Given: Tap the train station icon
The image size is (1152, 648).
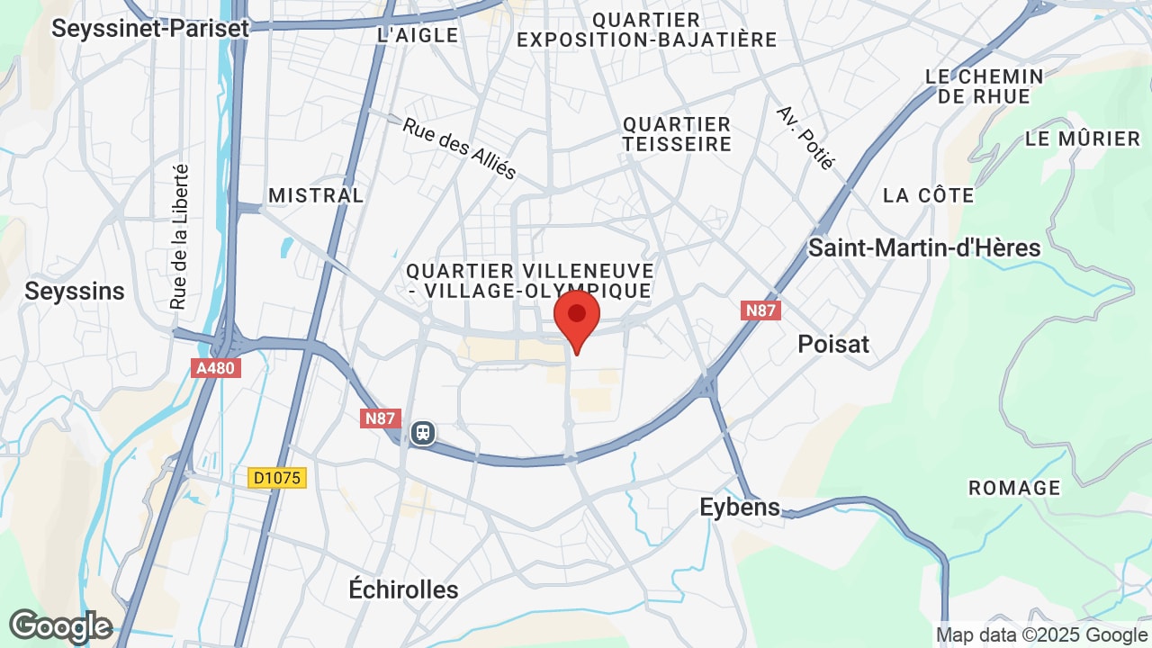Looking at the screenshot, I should tap(422, 433).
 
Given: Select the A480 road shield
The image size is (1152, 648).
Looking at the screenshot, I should tap(216, 367).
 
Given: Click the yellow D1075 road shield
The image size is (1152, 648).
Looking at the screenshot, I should tap(277, 478).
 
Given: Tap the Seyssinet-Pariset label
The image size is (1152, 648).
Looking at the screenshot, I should tap(150, 28).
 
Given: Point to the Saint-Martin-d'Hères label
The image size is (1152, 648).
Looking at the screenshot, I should tap(924, 247).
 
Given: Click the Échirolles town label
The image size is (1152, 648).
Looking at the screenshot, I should tap(403, 589).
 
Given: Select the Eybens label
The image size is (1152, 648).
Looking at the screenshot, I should tap(740, 507).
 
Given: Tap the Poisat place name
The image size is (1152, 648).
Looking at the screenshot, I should tap(833, 344).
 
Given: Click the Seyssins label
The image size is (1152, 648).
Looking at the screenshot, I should tap(75, 291).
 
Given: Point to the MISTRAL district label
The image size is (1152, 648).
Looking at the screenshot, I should tap(316, 195).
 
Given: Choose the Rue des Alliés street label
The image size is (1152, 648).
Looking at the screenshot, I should tap(459, 149).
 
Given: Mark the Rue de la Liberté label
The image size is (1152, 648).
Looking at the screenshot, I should tap(179, 236).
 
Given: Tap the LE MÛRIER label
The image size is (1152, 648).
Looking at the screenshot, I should tap(1083, 139).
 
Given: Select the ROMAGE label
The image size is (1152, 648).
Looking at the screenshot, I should tap(1014, 488).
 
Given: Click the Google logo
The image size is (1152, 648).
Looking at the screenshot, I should tap(60, 625).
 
